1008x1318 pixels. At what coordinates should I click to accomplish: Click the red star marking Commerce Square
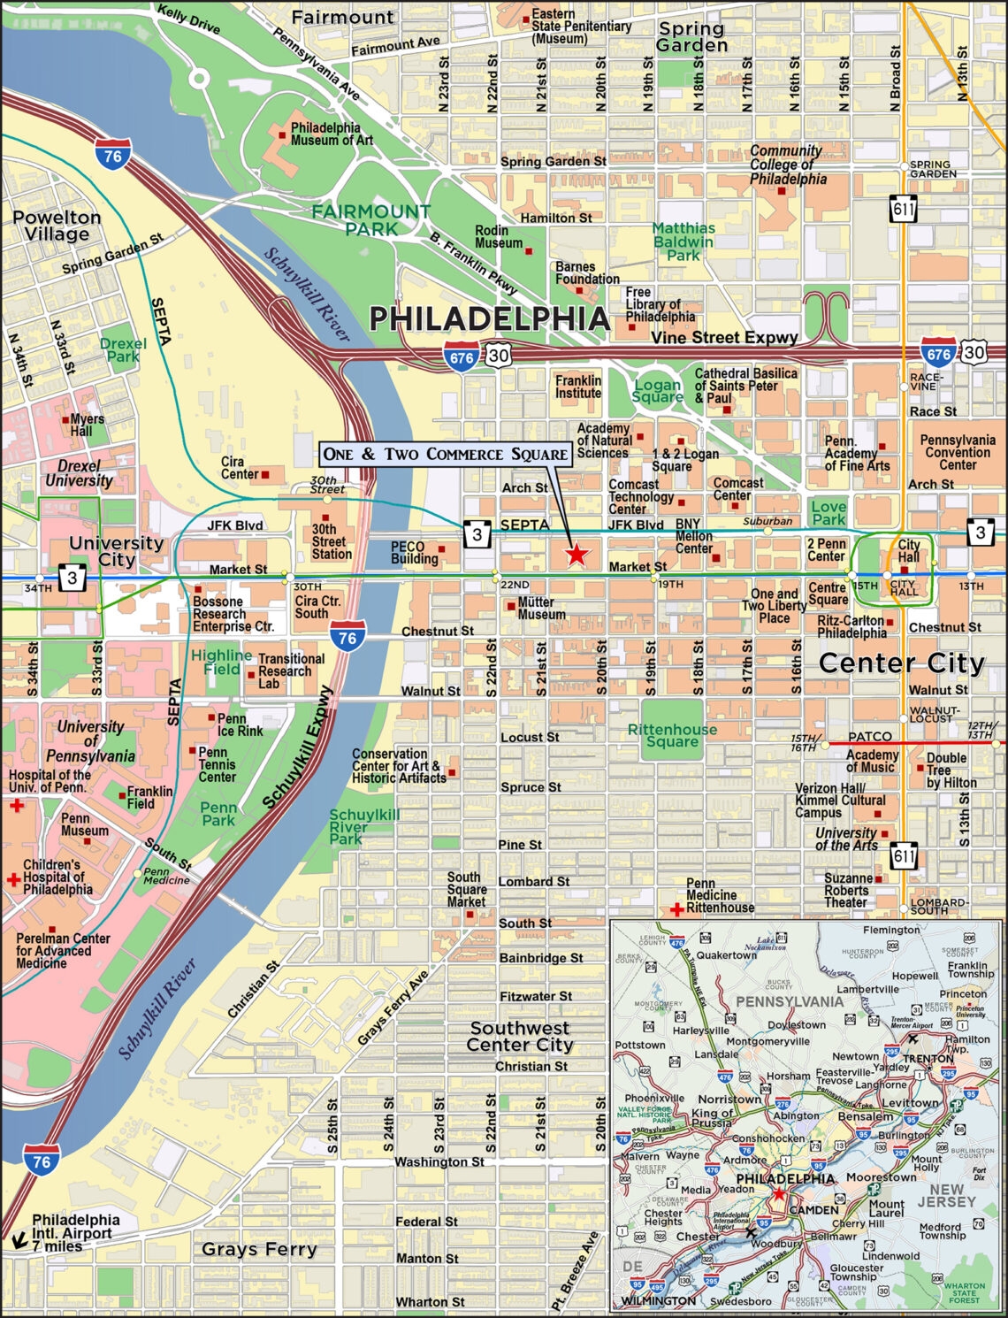(577, 555)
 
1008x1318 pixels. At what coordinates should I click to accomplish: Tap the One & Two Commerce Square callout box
(445, 455)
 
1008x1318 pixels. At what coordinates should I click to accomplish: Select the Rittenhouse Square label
(672, 735)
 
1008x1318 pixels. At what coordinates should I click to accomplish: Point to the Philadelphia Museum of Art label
(332, 134)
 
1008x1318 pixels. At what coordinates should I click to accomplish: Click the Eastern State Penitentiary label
(581, 27)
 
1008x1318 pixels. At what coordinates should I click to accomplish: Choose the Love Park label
(829, 513)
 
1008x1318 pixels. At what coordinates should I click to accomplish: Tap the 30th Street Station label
(332, 541)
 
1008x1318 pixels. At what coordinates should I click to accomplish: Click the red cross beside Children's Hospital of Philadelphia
(13, 879)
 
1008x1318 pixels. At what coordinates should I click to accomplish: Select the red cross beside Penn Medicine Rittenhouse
(676, 909)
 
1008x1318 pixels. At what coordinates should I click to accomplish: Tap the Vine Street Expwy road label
(724, 337)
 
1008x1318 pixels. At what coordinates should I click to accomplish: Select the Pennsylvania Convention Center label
(957, 452)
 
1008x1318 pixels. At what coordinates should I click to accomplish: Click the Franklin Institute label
(578, 387)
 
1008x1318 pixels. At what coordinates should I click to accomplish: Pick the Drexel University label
(79, 473)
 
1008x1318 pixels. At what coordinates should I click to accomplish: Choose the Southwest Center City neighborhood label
(520, 1036)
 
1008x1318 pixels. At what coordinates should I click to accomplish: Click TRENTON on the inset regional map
(928, 1058)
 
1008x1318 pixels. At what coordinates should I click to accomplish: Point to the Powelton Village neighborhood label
(57, 226)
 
